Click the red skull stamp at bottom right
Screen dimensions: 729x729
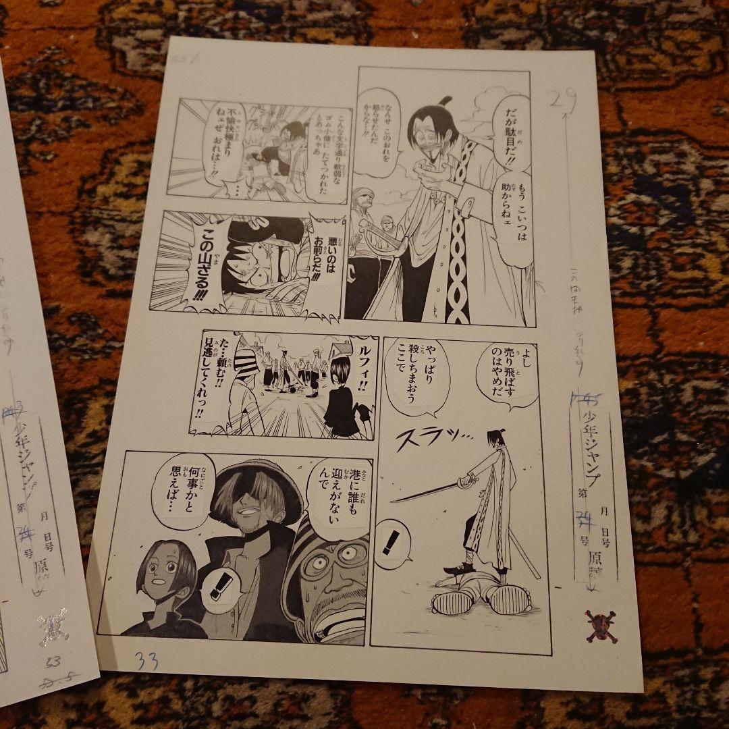(601, 626)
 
